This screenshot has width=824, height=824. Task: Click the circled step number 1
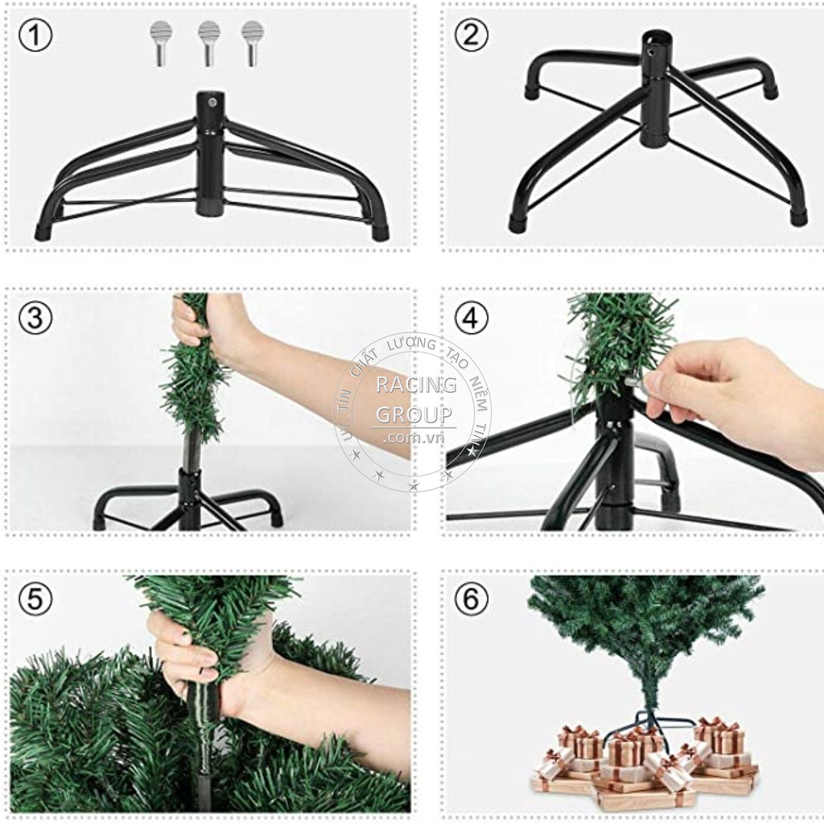click(35, 36)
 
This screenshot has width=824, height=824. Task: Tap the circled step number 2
click(472, 36)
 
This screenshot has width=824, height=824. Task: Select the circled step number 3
click(35, 318)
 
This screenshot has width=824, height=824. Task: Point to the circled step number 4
click(472, 318)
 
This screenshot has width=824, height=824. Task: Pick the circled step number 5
click(35, 599)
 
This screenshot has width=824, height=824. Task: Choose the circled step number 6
click(472, 599)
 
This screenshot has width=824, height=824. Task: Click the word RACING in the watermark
click(415, 385)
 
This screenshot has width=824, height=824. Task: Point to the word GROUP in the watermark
click(414, 415)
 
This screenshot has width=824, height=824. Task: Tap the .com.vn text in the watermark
click(414, 438)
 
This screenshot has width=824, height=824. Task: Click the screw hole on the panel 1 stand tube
click(212, 103)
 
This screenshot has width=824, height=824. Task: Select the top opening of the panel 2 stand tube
click(656, 36)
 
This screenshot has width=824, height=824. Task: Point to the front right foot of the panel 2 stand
click(798, 216)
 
